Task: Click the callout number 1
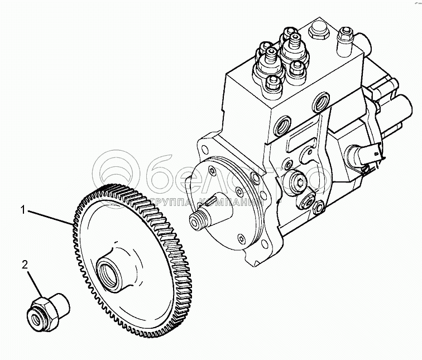pyautogui.click(x=24, y=210)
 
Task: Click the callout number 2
pyautogui.click(x=25, y=264)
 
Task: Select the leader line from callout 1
pyautogui.click(x=50, y=217)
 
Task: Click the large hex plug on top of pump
pyautogui.click(x=318, y=28)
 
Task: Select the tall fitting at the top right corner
pyautogui.click(x=346, y=39)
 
